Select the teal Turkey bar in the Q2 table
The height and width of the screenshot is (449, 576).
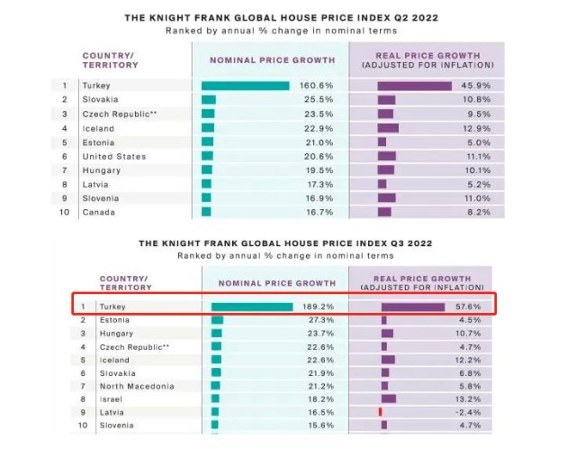click(245, 86)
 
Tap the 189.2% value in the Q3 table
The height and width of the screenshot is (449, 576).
click(320, 307)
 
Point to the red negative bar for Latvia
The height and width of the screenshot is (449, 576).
click(381, 412)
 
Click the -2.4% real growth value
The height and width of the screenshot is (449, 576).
click(478, 412)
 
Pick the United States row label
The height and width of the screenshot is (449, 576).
click(114, 156)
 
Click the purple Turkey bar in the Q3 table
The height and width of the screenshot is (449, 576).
click(413, 307)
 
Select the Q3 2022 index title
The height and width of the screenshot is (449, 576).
click(288, 243)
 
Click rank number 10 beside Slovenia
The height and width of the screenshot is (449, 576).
click(82, 425)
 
